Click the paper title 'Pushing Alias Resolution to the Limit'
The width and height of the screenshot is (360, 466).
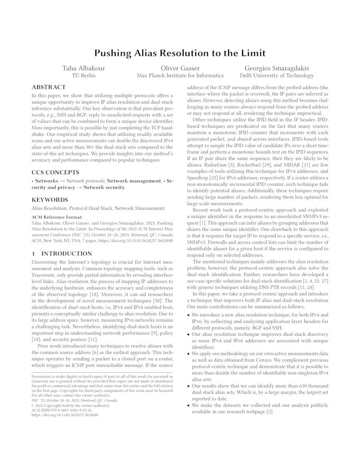[180, 53]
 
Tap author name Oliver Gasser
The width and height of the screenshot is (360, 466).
[180, 68]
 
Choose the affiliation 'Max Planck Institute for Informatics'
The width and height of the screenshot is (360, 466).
[180, 76]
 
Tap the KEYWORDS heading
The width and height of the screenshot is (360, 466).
[50, 200]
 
